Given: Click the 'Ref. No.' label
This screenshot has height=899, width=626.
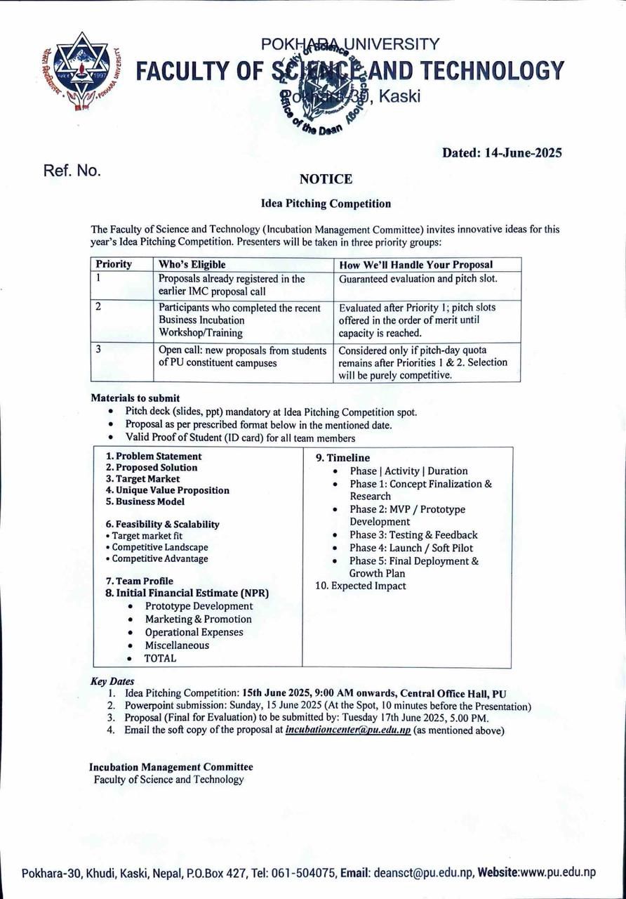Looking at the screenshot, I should click(x=72, y=171).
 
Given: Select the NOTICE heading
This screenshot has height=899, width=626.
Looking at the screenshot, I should click(x=326, y=179).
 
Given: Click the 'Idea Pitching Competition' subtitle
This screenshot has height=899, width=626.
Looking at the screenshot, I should click(x=326, y=204).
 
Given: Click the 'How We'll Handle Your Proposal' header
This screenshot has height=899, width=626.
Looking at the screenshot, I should click(x=415, y=265).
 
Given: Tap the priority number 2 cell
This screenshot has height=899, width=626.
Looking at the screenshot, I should click(x=100, y=307).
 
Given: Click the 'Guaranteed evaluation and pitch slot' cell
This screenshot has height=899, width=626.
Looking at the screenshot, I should click(x=418, y=279).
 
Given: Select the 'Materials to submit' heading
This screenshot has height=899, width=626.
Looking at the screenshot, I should click(x=135, y=398).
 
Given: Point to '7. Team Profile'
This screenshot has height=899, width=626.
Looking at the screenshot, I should click(x=139, y=581).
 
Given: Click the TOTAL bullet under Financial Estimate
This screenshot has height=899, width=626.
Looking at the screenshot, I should click(x=161, y=658).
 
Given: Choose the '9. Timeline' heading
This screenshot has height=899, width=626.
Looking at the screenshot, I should click(x=342, y=458).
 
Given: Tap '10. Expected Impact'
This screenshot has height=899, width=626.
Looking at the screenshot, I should click(x=361, y=586).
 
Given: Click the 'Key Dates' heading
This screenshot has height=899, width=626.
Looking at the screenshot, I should click(x=112, y=681).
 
